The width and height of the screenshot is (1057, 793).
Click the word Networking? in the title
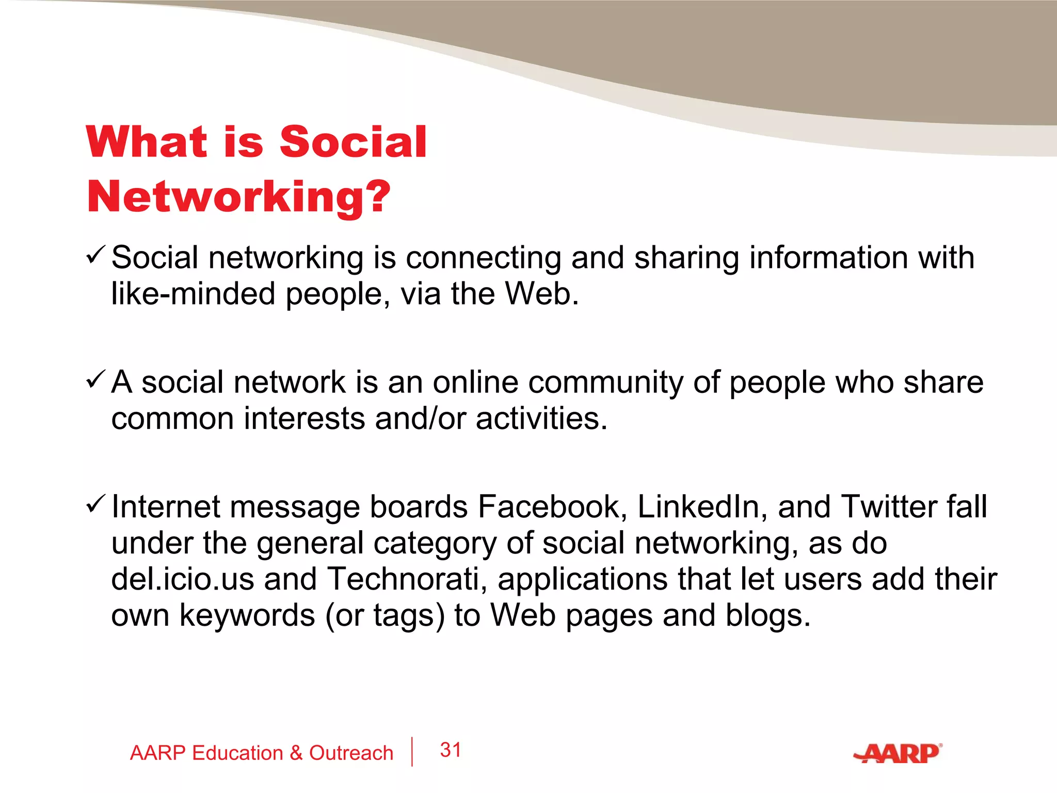click(238, 197)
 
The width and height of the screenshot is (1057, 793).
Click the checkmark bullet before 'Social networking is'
click(96, 255)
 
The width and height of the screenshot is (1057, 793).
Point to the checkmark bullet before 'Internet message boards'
click(96, 504)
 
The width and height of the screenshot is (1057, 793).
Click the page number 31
click(451, 750)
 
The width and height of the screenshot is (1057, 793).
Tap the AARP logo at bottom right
click(898, 754)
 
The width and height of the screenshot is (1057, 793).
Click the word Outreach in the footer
click(351, 753)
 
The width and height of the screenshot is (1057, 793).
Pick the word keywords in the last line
click(247, 615)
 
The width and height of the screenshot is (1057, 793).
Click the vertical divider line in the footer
click(412, 752)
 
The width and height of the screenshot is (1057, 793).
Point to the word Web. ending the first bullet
click(542, 294)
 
